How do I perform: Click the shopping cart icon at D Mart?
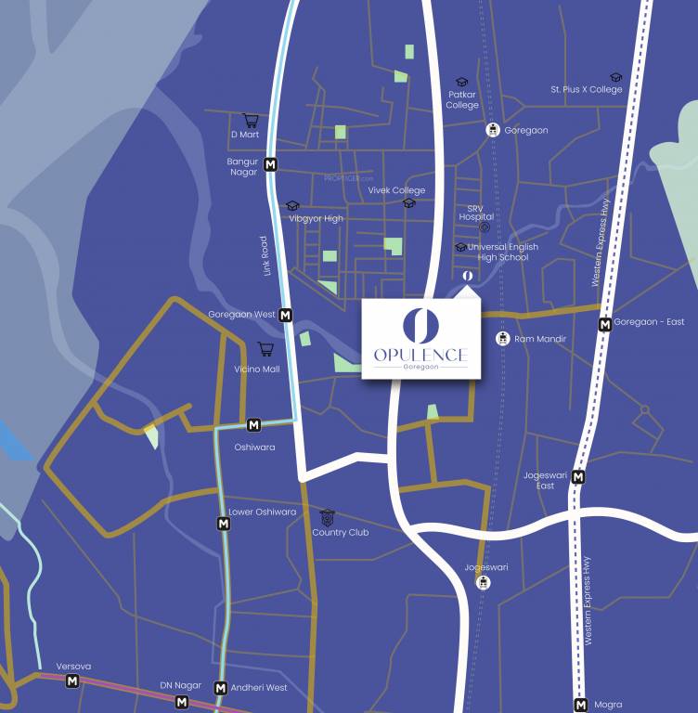click(x=250, y=120)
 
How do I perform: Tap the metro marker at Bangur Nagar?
click(x=271, y=165)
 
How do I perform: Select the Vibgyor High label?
click(x=316, y=218)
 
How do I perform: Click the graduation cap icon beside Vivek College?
click(x=408, y=203)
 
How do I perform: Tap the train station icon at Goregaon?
click(x=493, y=130)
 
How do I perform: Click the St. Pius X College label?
click(x=587, y=90)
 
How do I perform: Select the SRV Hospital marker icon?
click(x=484, y=227)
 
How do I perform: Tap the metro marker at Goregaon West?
click(x=286, y=315)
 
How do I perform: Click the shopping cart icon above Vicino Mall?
click(x=265, y=349)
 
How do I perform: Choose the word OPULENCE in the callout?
click(x=420, y=355)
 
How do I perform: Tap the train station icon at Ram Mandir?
click(x=502, y=339)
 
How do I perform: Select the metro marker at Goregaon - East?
click(x=605, y=324)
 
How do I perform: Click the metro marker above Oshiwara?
click(x=254, y=425)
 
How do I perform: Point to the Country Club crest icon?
click(x=327, y=517)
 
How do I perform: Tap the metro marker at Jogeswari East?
click(x=578, y=477)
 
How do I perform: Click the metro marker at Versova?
click(x=72, y=681)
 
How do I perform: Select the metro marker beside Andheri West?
click(x=221, y=688)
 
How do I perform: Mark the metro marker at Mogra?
click(x=581, y=704)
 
